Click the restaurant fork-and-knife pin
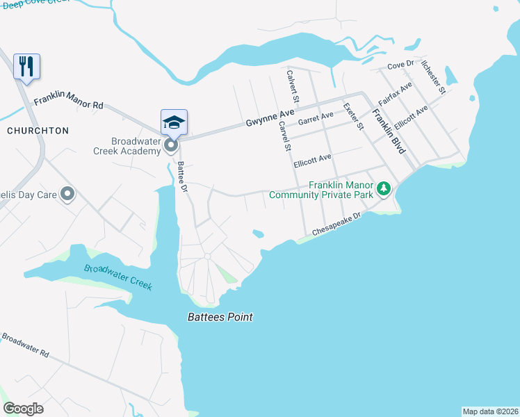(x=26, y=67)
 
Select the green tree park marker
(x=383, y=188)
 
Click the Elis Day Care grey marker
(x=67, y=194)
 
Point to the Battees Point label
(x=220, y=318)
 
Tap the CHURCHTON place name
(x=38, y=131)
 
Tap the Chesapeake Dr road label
(x=337, y=224)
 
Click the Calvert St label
(x=293, y=85)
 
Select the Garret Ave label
(x=315, y=119)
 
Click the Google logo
(x=24, y=409)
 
